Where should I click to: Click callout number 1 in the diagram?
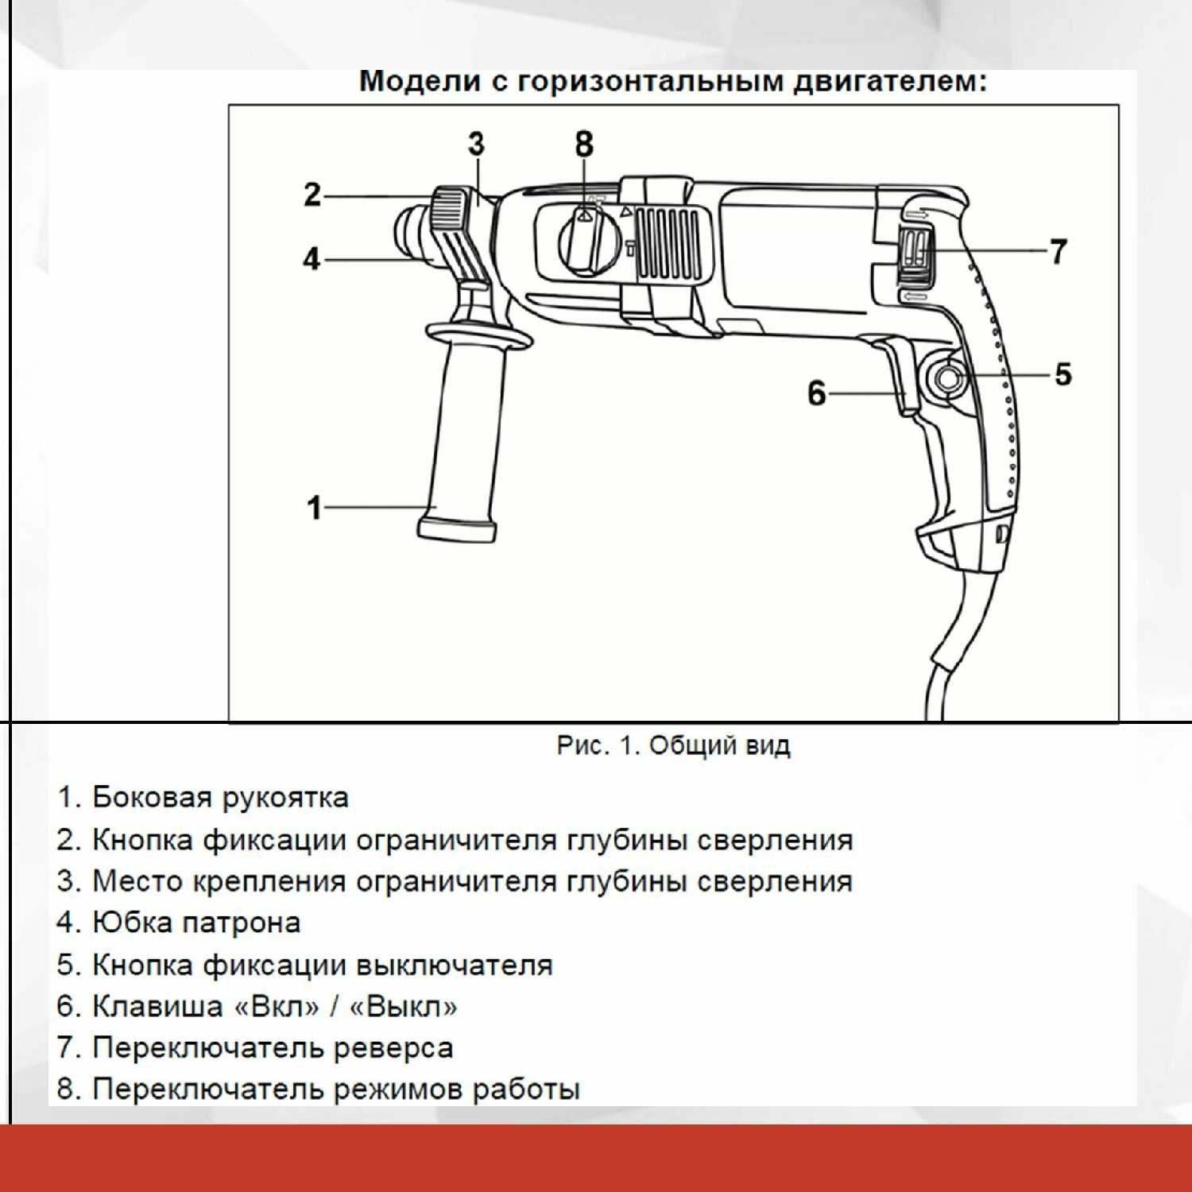tap(315, 508)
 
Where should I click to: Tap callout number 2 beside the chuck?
tap(312, 195)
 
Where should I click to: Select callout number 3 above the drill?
tap(475, 145)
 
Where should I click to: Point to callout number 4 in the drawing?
tap(312, 259)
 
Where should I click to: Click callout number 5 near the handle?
tap(1062, 374)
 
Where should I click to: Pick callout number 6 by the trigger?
tap(816, 393)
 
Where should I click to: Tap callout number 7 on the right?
tap(1058, 251)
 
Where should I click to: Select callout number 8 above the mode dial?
tap(584, 145)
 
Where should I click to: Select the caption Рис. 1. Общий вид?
tap(673, 745)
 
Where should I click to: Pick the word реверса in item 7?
tap(393, 1047)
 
